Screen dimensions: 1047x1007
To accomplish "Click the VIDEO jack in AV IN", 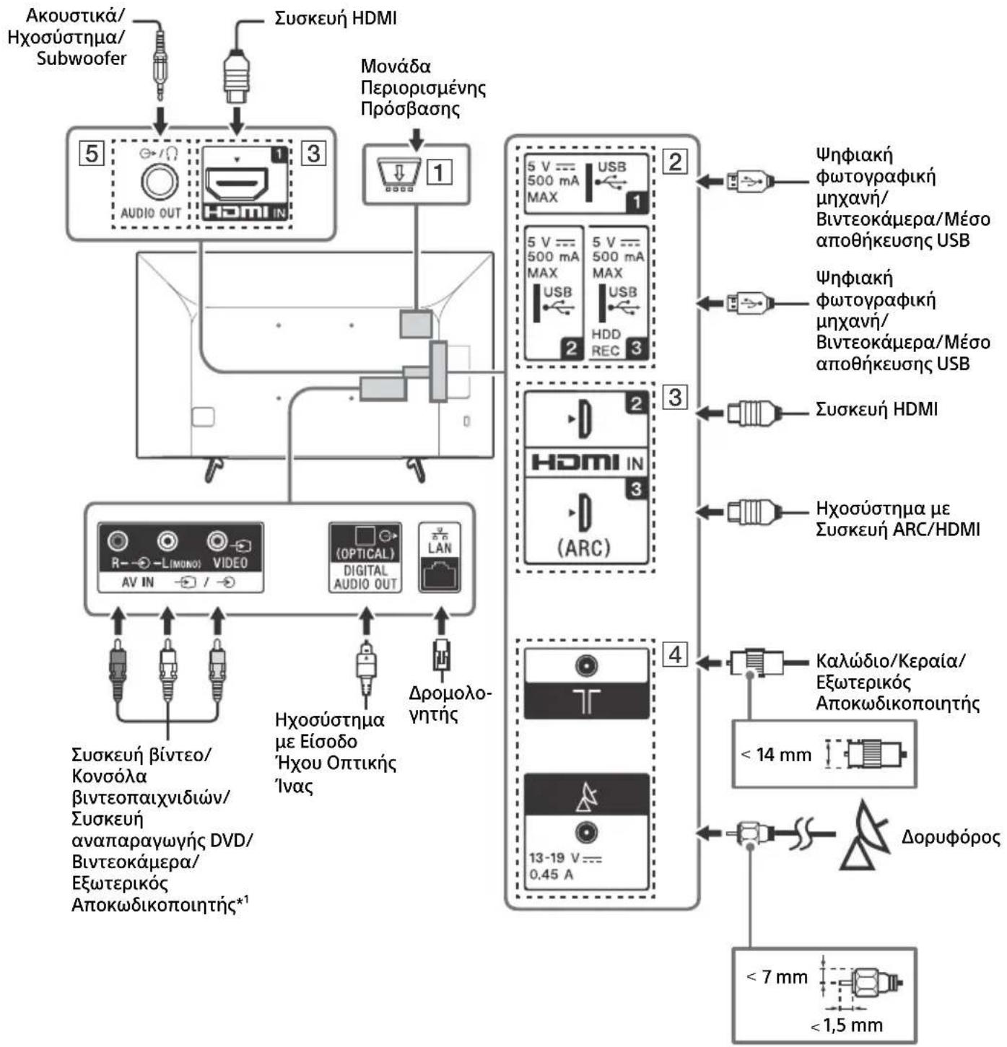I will [217, 541].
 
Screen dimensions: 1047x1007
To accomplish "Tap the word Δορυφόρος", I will [950, 837].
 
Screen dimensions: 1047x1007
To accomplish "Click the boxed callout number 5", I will [91, 153].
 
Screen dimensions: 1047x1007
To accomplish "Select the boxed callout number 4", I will [675, 654].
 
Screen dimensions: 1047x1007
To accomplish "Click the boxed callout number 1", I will [440, 172].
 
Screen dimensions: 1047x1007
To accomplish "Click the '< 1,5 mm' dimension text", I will [846, 1025].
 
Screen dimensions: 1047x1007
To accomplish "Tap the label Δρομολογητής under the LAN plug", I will [449, 704].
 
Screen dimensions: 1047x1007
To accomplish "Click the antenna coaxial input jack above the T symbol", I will [586, 665].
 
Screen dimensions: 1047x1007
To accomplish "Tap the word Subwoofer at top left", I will [81, 58].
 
